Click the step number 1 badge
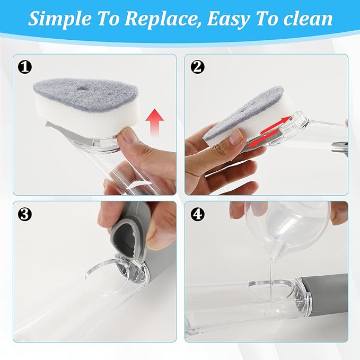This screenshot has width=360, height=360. coord(24,67)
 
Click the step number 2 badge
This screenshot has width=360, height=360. coord(197,67)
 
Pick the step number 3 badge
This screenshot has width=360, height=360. coord(24,214)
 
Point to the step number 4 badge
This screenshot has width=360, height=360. coord(197,214)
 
